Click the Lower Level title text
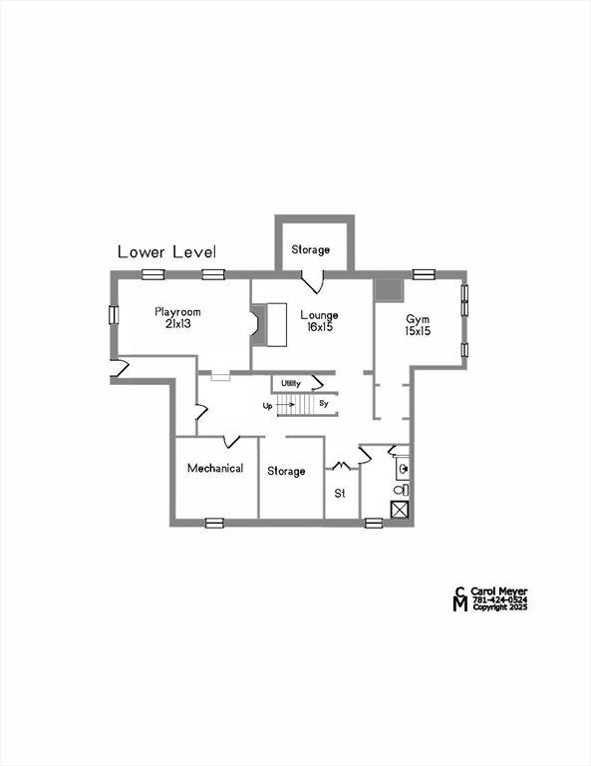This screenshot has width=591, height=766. pos(166,252)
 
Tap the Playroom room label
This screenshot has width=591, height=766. pos(178,318)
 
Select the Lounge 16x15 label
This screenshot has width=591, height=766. pos(318,321)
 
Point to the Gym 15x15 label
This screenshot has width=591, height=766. pos(418,325)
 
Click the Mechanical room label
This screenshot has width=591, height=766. pos(215,468)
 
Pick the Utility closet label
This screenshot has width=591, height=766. pos(291,383)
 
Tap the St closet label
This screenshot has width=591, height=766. pos(339,493)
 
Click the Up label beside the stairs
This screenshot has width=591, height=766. pos(268,406)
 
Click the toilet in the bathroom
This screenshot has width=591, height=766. pos(402,490)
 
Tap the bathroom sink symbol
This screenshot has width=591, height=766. pos(403,467)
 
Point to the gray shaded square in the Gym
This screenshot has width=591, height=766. pos(388,290)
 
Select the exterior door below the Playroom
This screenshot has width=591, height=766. pos(120,370)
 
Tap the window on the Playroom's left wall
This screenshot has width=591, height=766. pos(114,314)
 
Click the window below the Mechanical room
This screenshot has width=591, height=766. pos(213,523)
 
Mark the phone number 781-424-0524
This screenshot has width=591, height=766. pos(499,599)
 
